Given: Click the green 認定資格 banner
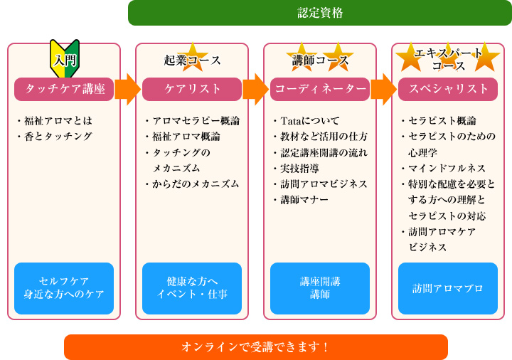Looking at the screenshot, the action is pyautogui.click(x=320, y=13).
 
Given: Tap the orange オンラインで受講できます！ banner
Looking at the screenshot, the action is pyautogui.click(x=256, y=347).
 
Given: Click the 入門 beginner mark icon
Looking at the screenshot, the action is pyautogui.click(x=65, y=59).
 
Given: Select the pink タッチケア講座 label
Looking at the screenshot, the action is pyautogui.click(x=64, y=89).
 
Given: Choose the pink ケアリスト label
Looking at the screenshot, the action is pyautogui.click(x=192, y=89).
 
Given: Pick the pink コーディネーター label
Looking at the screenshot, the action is pyautogui.click(x=320, y=89).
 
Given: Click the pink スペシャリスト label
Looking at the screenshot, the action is pyautogui.click(x=448, y=89).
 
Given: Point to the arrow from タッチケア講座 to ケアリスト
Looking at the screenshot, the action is pyautogui.click(x=128, y=89).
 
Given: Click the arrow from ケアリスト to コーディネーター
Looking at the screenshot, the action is pyautogui.click(x=256, y=89).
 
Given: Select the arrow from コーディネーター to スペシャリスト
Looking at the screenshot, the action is pyautogui.click(x=384, y=89).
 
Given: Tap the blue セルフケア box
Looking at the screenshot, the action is pyautogui.click(x=64, y=288).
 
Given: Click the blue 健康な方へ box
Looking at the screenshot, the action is pyautogui.click(x=192, y=288).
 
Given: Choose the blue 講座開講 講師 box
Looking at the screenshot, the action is pyautogui.click(x=320, y=288).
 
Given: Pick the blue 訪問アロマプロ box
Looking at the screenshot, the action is pyautogui.click(x=448, y=288).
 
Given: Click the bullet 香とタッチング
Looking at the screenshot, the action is pyautogui.click(x=55, y=136).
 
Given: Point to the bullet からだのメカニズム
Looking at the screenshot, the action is pyautogui.click(x=192, y=184).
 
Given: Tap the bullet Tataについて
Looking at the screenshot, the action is pyautogui.click(x=306, y=121).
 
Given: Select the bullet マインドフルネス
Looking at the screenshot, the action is pyautogui.click(x=444, y=168).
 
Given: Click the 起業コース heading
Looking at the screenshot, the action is pyautogui.click(x=192, y=60).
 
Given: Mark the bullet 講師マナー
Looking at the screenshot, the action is pyautogui.click(x=301, y=200).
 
